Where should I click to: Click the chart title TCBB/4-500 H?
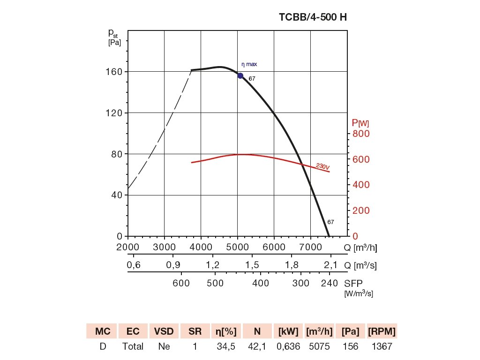coord(313,18)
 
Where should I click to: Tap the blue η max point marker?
coord(240,75)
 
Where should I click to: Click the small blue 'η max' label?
coord(249,64)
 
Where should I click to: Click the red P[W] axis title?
coord(360,123)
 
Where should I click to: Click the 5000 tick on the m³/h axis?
coord(237,247)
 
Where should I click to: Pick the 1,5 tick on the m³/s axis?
coord(253,265)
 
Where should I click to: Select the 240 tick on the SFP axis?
coord(330,283)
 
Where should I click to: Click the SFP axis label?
coord(353,284)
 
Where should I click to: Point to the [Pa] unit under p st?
coord(114,43)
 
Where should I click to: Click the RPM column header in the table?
coord(382,331)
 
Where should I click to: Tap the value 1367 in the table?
coord(382,347)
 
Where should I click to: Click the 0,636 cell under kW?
coord(288,347)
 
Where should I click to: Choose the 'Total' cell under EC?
coord(133,347)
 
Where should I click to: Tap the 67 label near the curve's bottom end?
coord(330,222)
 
